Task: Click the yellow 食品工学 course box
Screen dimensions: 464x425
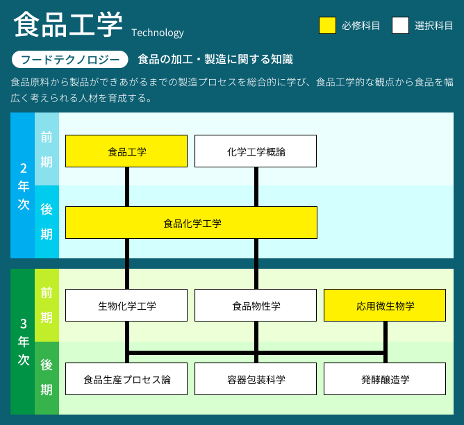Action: point(126,151)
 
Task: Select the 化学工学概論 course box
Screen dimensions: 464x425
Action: point(256,151)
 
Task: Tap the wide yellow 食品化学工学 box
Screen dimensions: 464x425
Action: point(191,223)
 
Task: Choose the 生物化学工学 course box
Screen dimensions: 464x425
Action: point(126,306)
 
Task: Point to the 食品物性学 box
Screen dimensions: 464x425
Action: point(256,306)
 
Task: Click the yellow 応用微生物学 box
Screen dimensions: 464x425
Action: point(385,306)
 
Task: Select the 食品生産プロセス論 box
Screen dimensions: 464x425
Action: point(126,379)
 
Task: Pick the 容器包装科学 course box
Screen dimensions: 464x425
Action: point(256,379)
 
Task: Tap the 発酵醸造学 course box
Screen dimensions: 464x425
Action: point(385,379)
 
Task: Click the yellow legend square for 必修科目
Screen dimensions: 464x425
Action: point(327,26)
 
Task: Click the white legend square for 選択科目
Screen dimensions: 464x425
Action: point(400,26)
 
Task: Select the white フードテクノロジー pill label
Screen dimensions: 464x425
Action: point(70,60)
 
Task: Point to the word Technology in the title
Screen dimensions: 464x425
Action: point(158,33)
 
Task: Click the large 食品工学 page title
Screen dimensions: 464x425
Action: point(68,24)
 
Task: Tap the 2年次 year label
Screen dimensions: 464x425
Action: point(24,186)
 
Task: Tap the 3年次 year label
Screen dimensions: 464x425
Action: point(24,342)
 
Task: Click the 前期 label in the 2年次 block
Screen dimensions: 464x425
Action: point(47,149)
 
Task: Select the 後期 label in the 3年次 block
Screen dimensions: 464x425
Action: point(47,377)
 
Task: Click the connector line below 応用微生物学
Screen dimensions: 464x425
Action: point(386,342)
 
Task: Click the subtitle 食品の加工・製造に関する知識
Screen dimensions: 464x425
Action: point(215,60)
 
